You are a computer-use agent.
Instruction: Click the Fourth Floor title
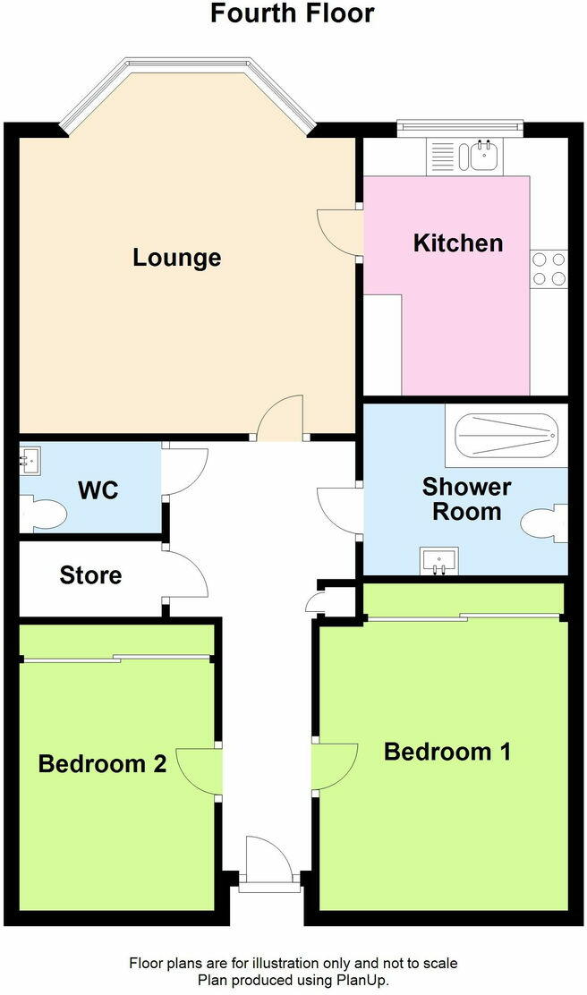293,14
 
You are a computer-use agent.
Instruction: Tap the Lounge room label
177,258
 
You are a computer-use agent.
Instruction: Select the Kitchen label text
457,242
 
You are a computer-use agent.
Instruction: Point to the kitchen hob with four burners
549,268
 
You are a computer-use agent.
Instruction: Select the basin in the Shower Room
439,560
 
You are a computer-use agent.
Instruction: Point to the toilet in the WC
45,515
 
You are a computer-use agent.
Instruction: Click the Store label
90,574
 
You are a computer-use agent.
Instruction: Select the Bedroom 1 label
447,752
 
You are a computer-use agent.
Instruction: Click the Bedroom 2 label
102,764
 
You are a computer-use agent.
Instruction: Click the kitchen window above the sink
457,126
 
